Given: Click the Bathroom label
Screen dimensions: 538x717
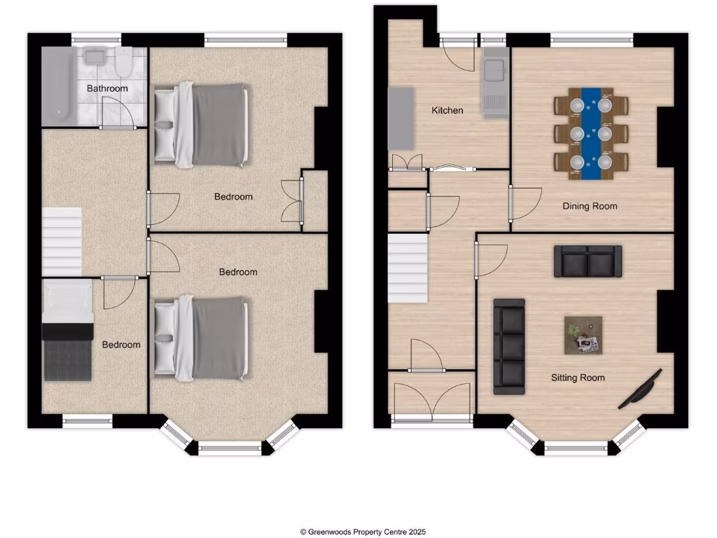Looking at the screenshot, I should (x=107, y=88).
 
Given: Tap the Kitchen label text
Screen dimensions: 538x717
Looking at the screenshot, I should (x=447, y=110).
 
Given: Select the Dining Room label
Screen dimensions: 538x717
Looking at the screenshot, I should (x=590, y=206).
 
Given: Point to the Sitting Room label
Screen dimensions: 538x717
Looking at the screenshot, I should (x=578, y=378).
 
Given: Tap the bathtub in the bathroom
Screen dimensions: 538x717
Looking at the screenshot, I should (x=57, y=85).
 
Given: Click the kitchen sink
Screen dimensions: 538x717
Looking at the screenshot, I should (x=496, y=70).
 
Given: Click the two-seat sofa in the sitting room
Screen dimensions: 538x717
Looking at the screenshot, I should (x=587, y=261).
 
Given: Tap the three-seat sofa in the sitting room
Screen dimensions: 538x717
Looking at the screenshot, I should (x=509, y=346).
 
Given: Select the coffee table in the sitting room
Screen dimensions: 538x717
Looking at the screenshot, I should (x=583, y=335).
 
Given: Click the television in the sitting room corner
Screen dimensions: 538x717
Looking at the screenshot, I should (x=640, y=389).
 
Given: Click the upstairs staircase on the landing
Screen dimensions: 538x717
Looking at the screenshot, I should (x=62, y=242).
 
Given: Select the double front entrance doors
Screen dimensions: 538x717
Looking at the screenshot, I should (x=432, y=399).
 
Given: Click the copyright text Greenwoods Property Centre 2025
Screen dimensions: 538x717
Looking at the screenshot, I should (x=363, y=532).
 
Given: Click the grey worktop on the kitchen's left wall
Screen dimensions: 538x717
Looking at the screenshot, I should (x=401, y=118).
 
